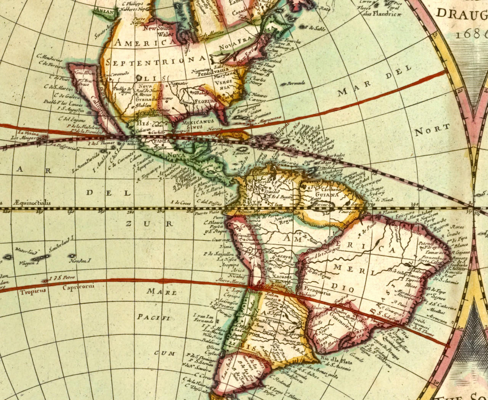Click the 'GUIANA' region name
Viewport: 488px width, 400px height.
click(327, 194)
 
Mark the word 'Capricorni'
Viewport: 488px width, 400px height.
click(78, 287)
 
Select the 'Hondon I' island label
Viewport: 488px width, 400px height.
click(79, 261)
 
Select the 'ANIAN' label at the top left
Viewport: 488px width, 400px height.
click(103, 11)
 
